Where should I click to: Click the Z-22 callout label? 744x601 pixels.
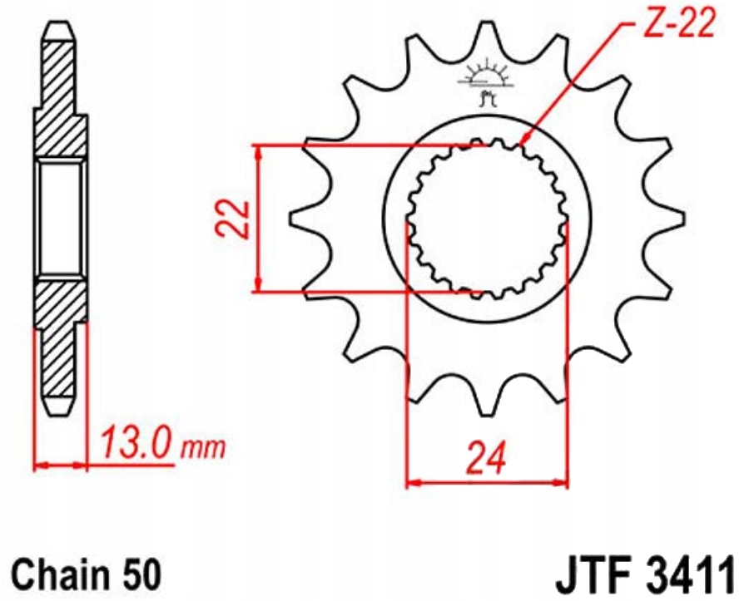[x=679, y=25]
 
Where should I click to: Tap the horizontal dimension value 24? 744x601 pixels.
[x=485, y=457]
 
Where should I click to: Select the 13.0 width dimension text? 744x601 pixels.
[x=137, y=444]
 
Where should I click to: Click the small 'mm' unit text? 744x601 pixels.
[x=203, y=449]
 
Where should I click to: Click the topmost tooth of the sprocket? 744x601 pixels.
[x=486, y=37]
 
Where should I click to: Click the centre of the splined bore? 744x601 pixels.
[x=486, y=219]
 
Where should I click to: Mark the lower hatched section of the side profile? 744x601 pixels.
[x=60, y=341]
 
